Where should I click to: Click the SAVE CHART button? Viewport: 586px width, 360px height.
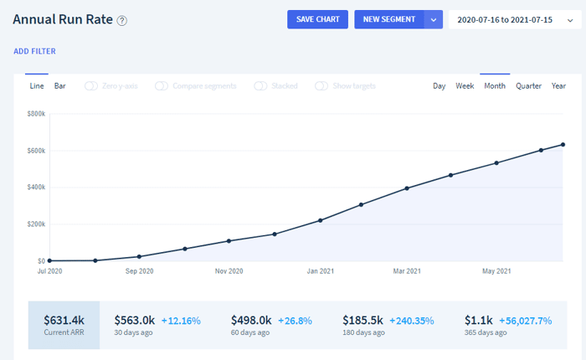click(317, 19)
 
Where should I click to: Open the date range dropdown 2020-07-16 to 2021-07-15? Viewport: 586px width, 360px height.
click(515, 20)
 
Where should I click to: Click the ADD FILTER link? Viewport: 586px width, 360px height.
click(35, 51)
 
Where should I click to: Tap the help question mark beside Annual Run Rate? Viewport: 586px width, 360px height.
click(122, 21)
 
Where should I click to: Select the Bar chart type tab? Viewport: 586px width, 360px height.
click(59, 86)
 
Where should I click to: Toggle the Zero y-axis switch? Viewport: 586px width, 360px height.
click(90, 86)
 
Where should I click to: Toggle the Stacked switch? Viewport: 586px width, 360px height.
click(260, 86)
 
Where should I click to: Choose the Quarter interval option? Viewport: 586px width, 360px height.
click(528, 86)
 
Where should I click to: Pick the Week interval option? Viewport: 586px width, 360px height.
click(465, 86)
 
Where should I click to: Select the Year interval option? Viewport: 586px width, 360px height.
click(558, 86)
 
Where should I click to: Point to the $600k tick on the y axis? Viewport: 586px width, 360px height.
click(36, 151)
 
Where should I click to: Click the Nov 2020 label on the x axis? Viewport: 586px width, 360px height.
click(229, 271)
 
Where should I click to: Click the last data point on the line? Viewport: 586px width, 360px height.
click(563, 145)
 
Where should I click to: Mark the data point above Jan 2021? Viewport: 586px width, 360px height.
click(321, 220)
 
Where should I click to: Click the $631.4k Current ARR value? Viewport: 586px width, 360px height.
click(64, 321)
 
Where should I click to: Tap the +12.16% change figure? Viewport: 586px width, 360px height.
click(181, 321)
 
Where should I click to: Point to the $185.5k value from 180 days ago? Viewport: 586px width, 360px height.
click(362, 321)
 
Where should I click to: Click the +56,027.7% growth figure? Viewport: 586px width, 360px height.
click(526, 321)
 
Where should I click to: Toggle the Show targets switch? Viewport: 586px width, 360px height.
click(321, 86)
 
